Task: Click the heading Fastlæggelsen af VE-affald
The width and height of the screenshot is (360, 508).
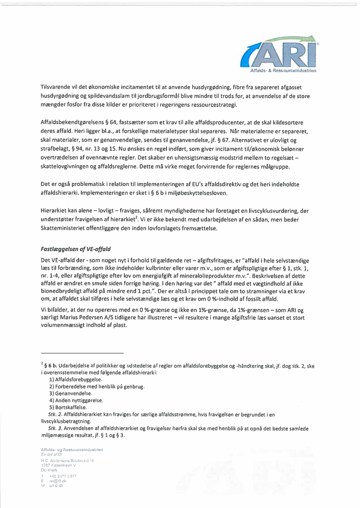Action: click(75, 249)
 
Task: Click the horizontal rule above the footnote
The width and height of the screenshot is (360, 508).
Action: click(82, 353)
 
